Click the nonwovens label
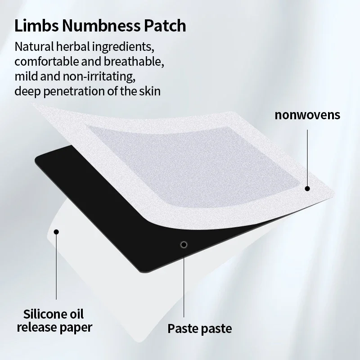click(308, 115)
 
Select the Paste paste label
click(200, 328)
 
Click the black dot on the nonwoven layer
click(307, 189)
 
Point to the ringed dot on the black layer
click(183, 244)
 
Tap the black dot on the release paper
click(57, 232)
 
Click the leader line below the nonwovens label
click(307, 157)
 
